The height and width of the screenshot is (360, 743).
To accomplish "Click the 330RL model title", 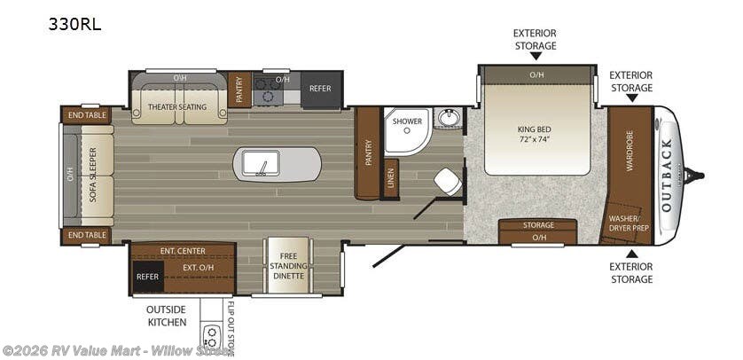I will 75,25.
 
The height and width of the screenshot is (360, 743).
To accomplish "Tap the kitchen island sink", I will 262,162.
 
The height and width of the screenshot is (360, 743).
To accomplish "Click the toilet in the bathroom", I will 447,182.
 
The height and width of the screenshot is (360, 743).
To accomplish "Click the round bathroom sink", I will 449,117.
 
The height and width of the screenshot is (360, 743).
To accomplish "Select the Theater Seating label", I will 176,107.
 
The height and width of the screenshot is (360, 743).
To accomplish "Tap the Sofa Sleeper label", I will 93,176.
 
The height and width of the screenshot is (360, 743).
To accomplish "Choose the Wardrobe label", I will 630,160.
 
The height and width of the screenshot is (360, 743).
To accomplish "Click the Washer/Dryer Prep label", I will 629,223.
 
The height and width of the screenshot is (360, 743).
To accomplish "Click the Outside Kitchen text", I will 165,315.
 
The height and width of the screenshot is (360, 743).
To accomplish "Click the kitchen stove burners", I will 264,90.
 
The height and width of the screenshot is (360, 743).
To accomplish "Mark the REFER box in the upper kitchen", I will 320,90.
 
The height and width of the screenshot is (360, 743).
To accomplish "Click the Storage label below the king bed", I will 538,225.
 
